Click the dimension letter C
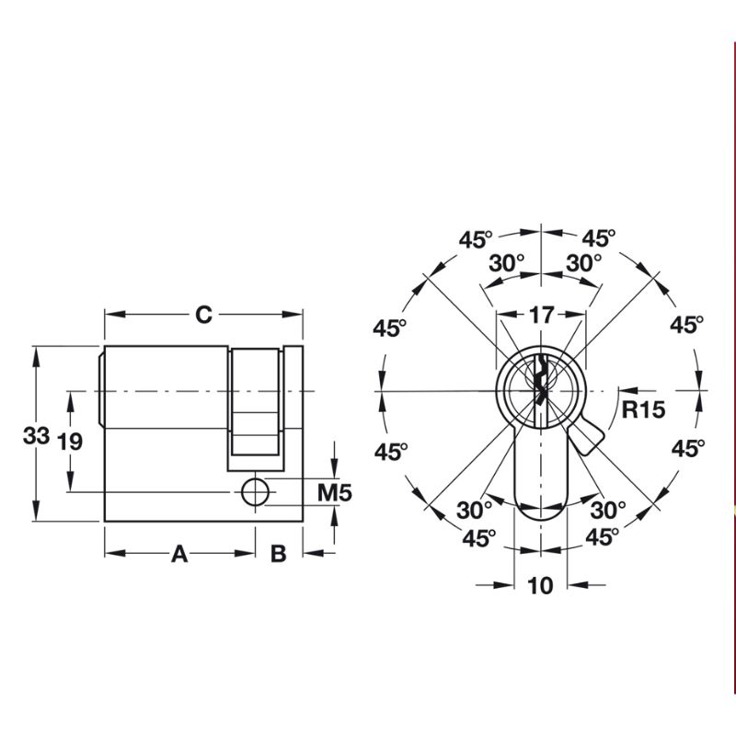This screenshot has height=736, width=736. click(203, 315)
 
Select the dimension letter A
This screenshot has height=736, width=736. click(179, 554)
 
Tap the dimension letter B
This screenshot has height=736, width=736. click(279, 554)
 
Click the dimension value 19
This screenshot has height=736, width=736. click(69, 442)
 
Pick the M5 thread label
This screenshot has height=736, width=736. click(335, 493)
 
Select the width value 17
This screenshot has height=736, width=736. click(541, 315)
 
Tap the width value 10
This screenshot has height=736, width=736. click(541, 585)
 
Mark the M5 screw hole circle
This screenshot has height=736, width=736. click(257, 492)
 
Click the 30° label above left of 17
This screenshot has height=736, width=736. click(505, 262)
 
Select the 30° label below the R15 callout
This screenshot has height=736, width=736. click(608, 509)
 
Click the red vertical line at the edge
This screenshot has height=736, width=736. click(734, 368)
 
